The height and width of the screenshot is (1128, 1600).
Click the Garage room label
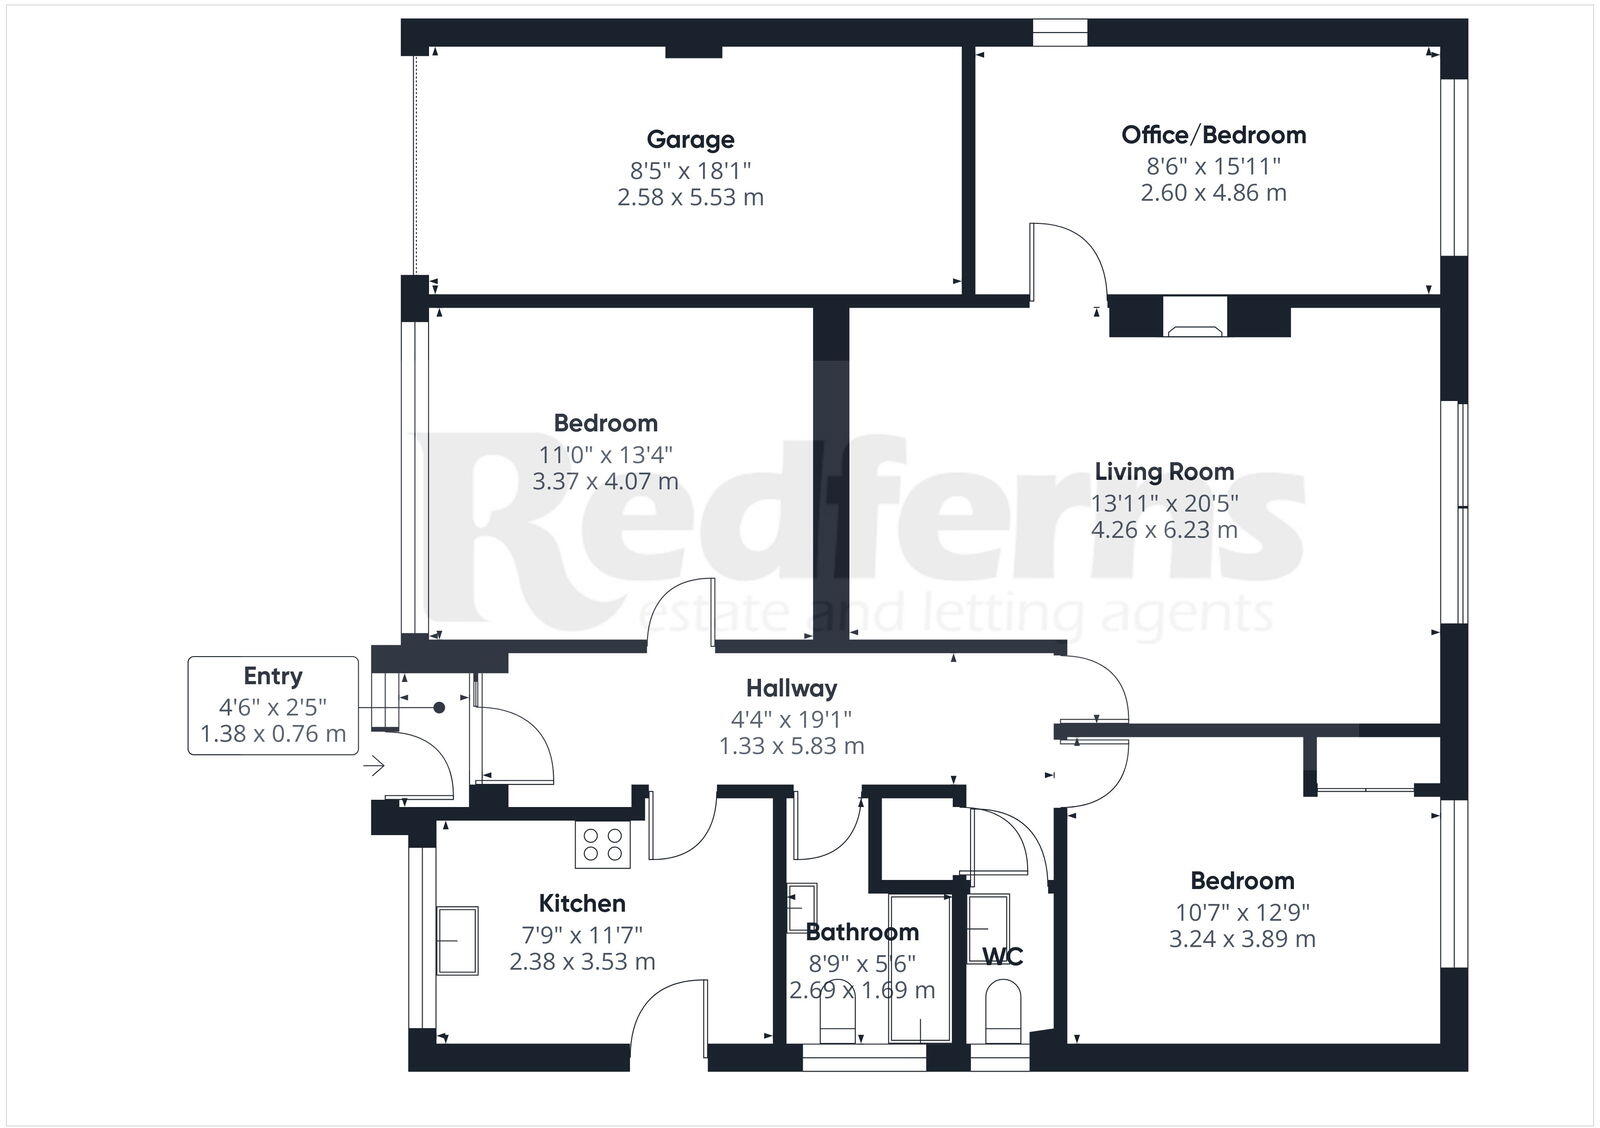[690, 140]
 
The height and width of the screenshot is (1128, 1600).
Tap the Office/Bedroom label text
[1213, 135]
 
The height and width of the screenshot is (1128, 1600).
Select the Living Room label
[1164, 471]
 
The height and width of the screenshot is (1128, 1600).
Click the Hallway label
[791, 688]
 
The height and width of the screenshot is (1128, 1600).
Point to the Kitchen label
[582, 903]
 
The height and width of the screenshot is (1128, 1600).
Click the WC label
[1002, 957]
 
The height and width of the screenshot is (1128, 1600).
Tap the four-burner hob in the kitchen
[603, 843]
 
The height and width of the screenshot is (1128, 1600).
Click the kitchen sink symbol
[457, 940]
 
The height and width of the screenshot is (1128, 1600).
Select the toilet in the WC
[1002, 1010]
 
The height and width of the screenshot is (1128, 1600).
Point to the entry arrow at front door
[375, 767]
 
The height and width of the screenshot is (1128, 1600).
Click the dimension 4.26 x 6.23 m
[1164, 530]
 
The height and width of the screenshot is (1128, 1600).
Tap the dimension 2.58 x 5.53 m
[690, 197]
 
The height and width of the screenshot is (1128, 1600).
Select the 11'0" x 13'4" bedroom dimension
[605, 453]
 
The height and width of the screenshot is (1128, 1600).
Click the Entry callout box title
[273, 676]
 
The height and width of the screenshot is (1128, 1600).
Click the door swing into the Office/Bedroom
[1068, 262]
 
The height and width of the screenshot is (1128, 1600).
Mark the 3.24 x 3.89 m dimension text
[1242, 939]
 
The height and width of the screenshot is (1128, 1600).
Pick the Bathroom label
[862, 932]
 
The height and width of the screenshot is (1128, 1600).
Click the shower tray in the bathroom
[920, 968]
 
